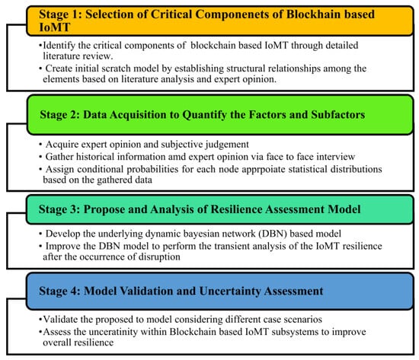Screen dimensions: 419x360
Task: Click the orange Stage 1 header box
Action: pos(220,21)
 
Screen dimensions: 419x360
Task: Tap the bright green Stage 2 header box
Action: pos(220,115)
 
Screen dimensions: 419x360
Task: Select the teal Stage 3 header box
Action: pos(220,209)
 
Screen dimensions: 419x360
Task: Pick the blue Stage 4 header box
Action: pos(220,291)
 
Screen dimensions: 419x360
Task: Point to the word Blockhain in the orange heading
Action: pos(313,14)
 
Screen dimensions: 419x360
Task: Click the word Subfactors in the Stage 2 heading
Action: pos(337,115)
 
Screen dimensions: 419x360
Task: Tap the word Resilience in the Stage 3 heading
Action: pos(236,209)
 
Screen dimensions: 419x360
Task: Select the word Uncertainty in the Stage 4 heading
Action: pos(230,291)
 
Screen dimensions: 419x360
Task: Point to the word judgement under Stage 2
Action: pos(227,145)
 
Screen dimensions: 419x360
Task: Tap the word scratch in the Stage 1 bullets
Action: pos(113,68)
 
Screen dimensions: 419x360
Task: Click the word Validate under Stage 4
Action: pos(57,320)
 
